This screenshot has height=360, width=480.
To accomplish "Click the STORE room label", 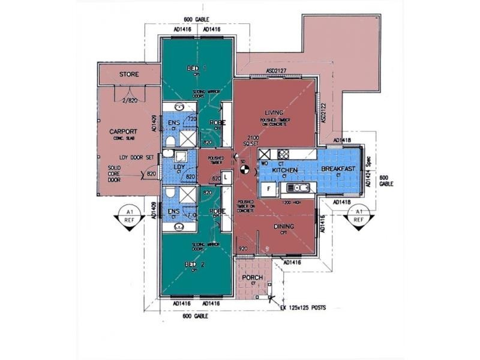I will click(129, 74).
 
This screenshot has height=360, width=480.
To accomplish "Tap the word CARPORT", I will click(124, 131).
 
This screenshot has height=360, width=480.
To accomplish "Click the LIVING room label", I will click(274, 113).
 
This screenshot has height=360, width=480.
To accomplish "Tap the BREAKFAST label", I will click(339, 169).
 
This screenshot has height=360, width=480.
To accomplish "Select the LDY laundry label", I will click(179, 167).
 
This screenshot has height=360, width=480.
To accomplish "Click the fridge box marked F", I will click(269, 188).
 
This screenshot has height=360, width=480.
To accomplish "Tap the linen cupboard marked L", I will click(224, 177).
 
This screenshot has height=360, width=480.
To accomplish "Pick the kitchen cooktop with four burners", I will click(283, 154).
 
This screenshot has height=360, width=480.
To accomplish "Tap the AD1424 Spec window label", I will click(368, 169).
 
